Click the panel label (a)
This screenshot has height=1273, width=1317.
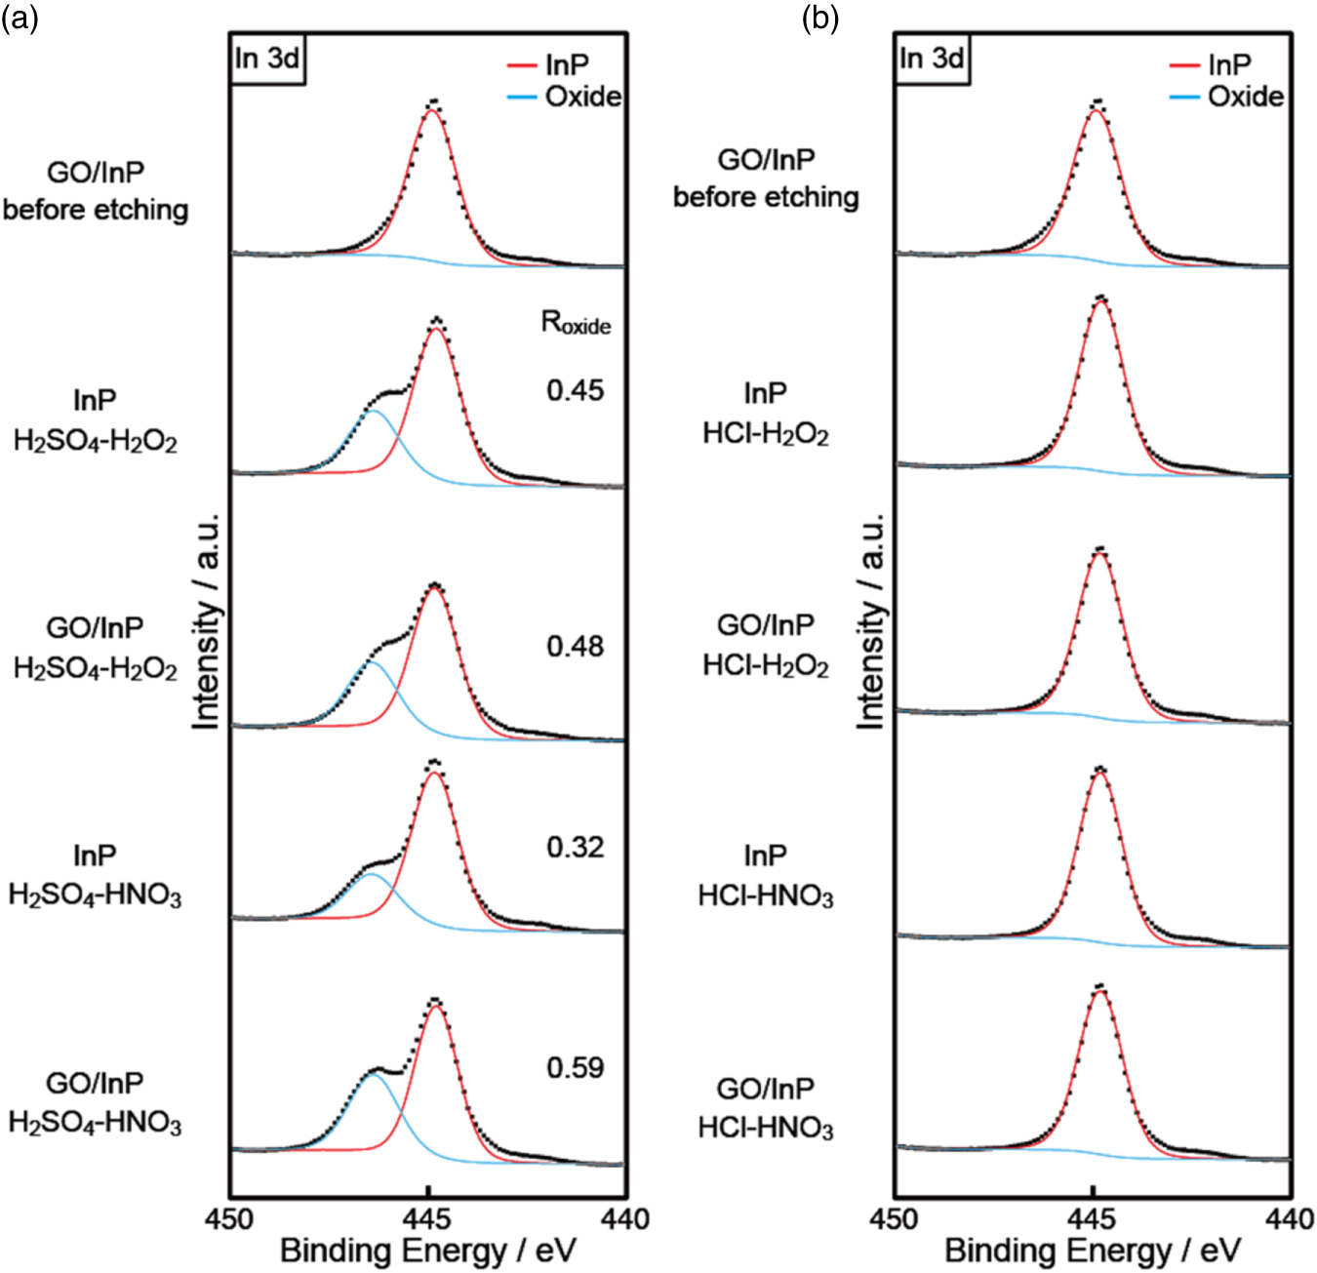click(x=20, y=18)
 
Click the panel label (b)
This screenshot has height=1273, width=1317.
click(x=819, y=18)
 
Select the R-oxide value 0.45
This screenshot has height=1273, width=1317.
click(x=575, y=390)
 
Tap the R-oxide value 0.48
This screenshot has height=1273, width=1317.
click(x=575, y=646)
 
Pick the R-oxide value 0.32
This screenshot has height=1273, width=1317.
click(x=575, y=847)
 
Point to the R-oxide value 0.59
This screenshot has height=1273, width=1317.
click(x=575, y=1067)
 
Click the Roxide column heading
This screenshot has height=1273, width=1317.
click(x=576, y=323)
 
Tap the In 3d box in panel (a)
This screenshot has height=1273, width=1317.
click(x=266, y=59)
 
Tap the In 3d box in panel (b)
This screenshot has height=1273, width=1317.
click(x=932, y=59)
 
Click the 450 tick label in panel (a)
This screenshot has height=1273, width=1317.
click(x=230, y=1218)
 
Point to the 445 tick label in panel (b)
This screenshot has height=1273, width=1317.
click(x=1093, y=1218)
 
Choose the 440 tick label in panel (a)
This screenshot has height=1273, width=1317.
click(x=625, y=1218)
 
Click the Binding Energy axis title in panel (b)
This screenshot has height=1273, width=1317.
click(x=1093, y=1251)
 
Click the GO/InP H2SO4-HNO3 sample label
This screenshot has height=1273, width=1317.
click(x=95, y=1103)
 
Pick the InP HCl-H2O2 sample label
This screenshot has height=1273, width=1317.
click(x=766, y=414)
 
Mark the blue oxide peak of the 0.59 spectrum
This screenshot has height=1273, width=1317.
click(x=375, y=1075)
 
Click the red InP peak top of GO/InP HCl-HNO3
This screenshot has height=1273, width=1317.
click(x=1100, y=993)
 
